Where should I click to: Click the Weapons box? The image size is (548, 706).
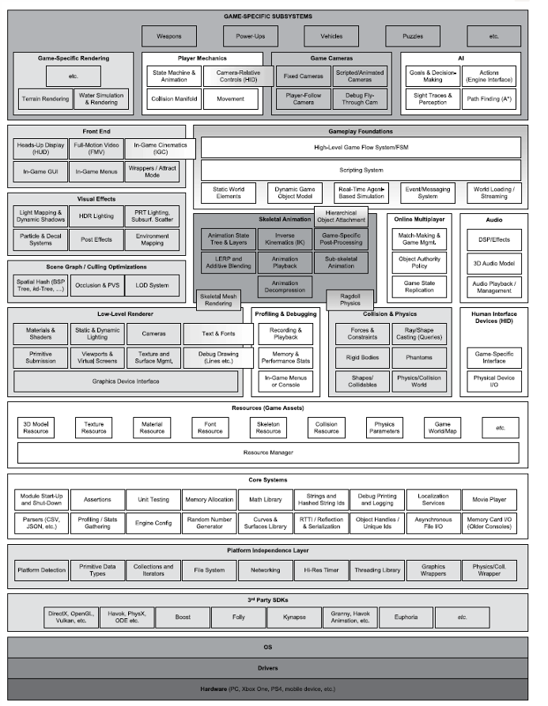pos(168,36)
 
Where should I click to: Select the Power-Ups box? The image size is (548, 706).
pos(250,36)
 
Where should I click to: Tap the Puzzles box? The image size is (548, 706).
pos(412,36)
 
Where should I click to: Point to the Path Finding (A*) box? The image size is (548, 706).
pos(489,100)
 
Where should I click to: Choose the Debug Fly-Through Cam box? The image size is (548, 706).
pos(360,99)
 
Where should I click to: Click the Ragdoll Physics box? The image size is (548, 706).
pos(350,299)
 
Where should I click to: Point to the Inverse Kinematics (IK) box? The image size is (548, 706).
pos(285,238)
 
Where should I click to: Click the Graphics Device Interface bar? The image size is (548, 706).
pos(126,381)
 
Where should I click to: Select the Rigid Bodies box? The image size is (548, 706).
pos(362,358)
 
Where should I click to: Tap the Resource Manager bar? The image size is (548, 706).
pos(268,453)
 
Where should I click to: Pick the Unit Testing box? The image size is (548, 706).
pos(153,499)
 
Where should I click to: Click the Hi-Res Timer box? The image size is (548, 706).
pos(323,569)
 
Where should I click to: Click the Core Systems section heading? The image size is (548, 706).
pos(268,480)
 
